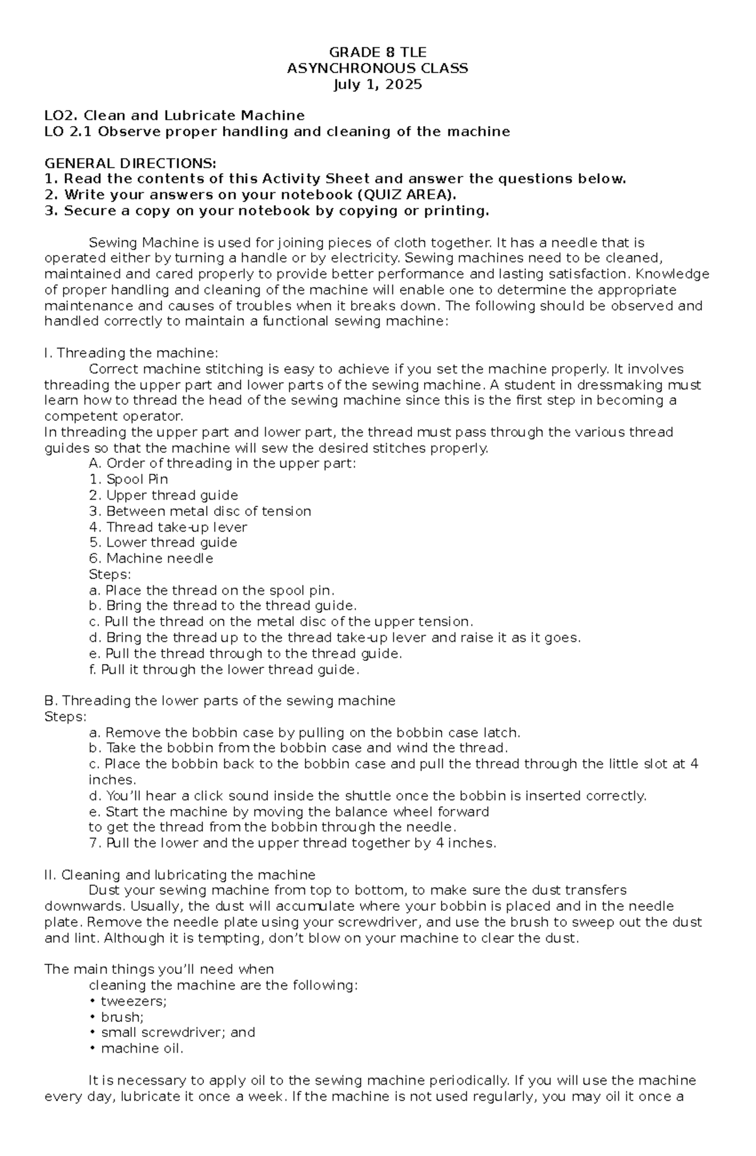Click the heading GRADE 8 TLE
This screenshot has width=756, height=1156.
pyautogui.click(x=377, y=52)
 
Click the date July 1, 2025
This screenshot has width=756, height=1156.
pyautogui.click(x=377, y=84)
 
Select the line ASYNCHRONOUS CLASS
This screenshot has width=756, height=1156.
pyautogui.click(x=377, y=69)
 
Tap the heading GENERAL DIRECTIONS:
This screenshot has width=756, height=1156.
pyautogui.click(x=130, y=163)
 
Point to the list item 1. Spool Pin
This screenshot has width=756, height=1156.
pyautogui.click(x=129, y=479)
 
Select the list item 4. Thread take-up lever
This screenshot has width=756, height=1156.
pyautogui.click(x=168, y=527)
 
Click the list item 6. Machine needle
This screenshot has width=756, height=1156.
pyautogui.click(x=151, y=559)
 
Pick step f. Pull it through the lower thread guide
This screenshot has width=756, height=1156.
pyautogui.click(x=224, y=670)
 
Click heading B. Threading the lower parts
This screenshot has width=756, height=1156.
pyautogui.click(x=220, y=701)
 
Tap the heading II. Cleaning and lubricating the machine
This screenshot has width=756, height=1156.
pyautogui.click(x=180, y=875)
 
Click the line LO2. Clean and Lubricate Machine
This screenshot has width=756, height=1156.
pyautogui.click(x=174, y=116)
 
